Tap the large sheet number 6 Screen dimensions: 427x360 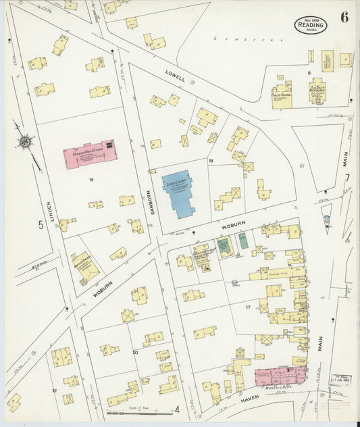click(344, 18)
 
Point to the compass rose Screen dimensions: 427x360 click(26, 142)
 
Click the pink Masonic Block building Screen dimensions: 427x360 click(280, 376)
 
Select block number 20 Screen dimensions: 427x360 click(135, 352)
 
